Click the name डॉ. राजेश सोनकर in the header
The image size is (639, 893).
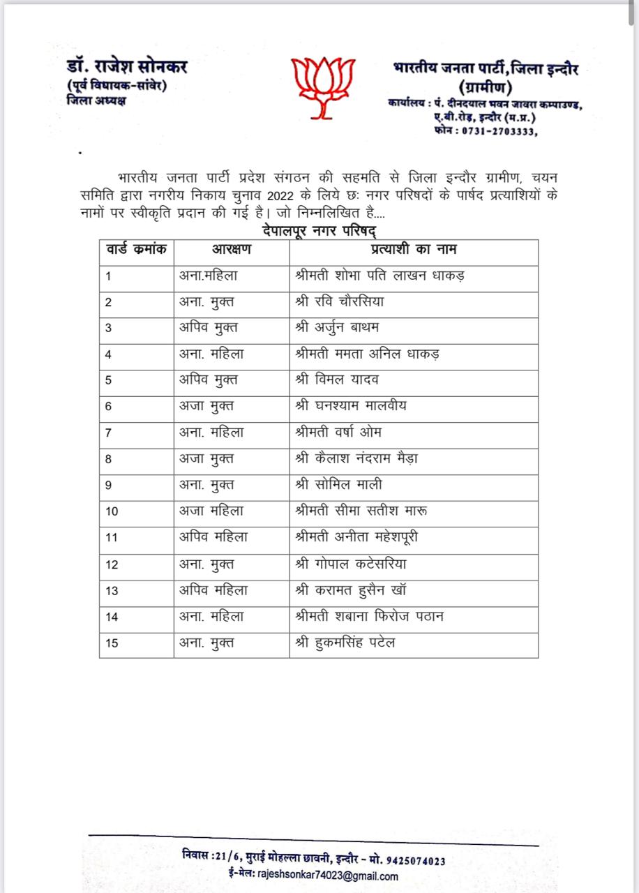[x=127, y=68]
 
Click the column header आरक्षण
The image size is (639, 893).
[x=232, y=249]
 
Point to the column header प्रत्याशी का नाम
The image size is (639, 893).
[x=413, y=249]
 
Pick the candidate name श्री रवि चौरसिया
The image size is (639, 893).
[x=340, y=301]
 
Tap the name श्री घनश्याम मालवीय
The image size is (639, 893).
[x=351, y=406]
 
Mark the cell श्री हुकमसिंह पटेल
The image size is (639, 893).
[x=345, y=643]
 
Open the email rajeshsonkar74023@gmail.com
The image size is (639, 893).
[x=328, y=876]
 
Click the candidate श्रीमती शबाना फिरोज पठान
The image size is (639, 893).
[x=370, y=616]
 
